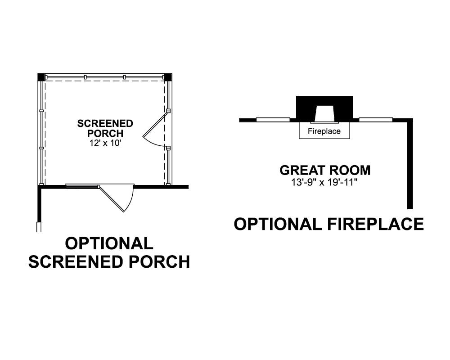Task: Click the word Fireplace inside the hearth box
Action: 324,131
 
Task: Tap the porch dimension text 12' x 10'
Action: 105,143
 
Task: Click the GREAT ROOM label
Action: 325,170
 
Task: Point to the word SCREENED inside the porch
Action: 105,123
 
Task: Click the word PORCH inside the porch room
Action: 105,134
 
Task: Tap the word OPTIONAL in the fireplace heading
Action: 278,224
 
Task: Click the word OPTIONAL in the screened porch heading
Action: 109,243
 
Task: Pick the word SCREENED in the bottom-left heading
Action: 76,262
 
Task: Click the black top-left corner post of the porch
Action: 41,77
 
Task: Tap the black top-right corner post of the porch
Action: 168,77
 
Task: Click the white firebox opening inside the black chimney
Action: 324,113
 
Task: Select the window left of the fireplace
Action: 273,120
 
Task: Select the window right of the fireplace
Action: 376,120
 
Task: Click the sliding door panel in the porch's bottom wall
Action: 82,186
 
